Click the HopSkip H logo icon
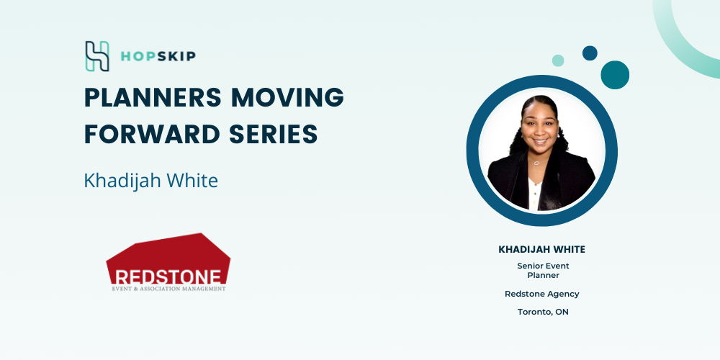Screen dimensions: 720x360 (x=97, y=56)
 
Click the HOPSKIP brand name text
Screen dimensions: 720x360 (x=158, y=56)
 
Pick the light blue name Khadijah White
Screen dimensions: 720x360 (x=150, y=181)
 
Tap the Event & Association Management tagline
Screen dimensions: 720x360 (x=168, y=289)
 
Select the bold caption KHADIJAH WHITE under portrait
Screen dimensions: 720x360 (x=542, y=249)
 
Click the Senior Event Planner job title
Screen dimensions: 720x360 (x=543, y=271)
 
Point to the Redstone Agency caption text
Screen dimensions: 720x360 (x=542, y=294)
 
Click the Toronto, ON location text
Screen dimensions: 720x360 (x=543, y=312)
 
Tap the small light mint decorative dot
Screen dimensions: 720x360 (x=558, y=60)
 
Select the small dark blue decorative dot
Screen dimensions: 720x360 (x=590, y=53)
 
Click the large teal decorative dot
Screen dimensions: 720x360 (x=615, y=75)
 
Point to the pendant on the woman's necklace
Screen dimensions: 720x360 (x=536, y=163)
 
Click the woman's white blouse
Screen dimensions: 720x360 (x=534, y=193)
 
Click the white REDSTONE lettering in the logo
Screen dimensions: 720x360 (x=168, y=277)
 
